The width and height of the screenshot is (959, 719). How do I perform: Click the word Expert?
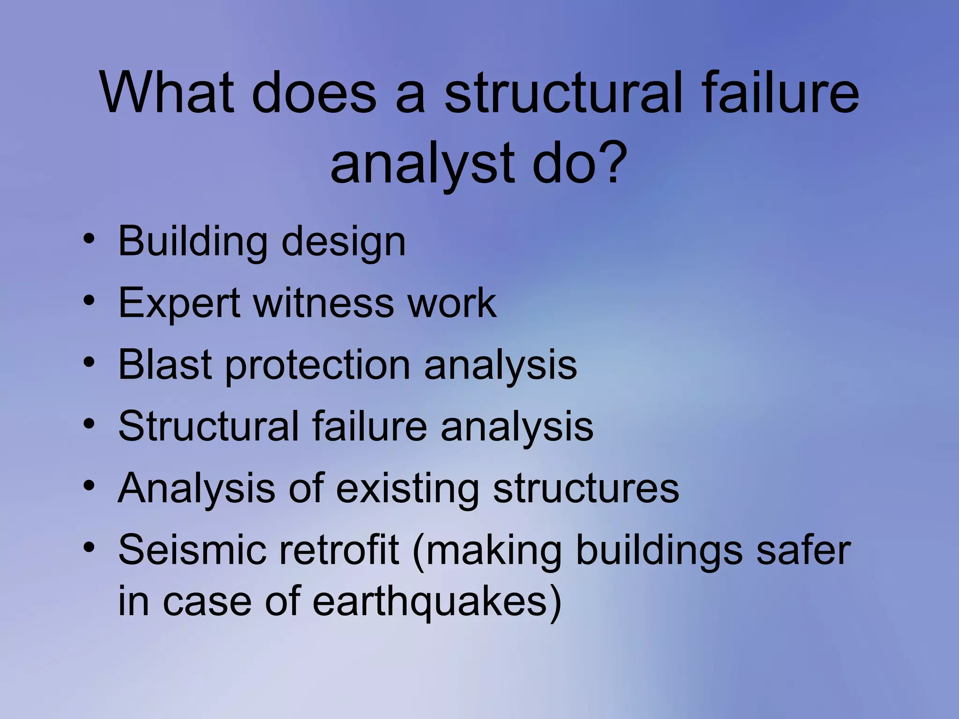pyautogui.click(x=179, y=303)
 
